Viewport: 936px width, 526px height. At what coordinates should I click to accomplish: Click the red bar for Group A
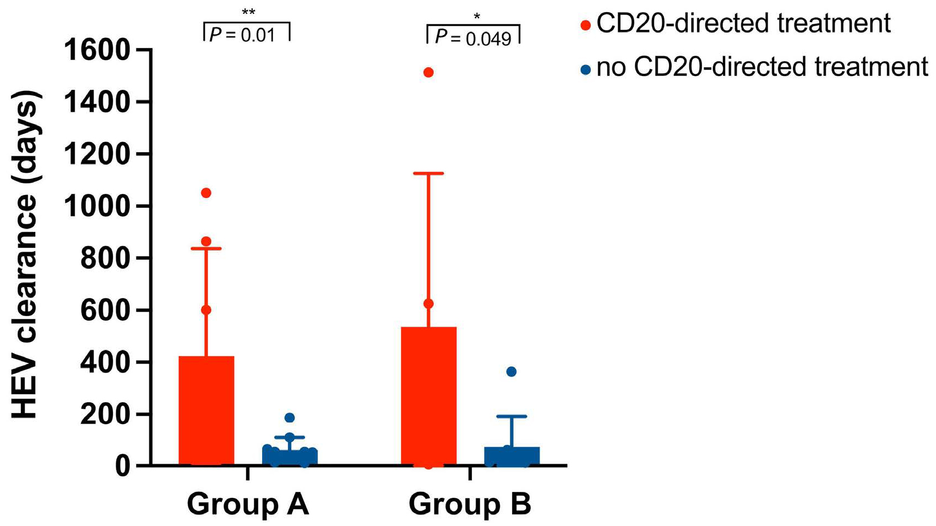click(206, 410)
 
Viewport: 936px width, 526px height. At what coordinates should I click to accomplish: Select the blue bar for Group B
click(511, 457)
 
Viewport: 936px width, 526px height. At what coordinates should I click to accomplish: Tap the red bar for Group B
click(428, 397)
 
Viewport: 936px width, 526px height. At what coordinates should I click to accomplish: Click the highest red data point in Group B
click(428, 73)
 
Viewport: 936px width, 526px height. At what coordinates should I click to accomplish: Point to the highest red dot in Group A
click(206, 193)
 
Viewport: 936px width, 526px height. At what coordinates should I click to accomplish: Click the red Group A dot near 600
click(206, 310)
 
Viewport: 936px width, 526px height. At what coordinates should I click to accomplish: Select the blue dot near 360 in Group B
click(511, 372)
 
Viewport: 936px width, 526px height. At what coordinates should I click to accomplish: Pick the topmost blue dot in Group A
click(290, 417)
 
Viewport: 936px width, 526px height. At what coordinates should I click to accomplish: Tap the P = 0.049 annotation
click(473, 38)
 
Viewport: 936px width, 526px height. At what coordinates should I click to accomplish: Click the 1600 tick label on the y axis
click(97, 51)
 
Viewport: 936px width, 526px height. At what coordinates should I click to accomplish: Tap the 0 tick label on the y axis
click(122, 466)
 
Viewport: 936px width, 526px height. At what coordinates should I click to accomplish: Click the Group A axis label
click(248, 504)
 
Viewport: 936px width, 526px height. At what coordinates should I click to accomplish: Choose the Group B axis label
click(470, 504)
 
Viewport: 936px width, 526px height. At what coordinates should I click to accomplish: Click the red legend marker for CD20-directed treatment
click(586, 25)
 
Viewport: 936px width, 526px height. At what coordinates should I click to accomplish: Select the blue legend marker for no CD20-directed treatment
click(586, 69)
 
